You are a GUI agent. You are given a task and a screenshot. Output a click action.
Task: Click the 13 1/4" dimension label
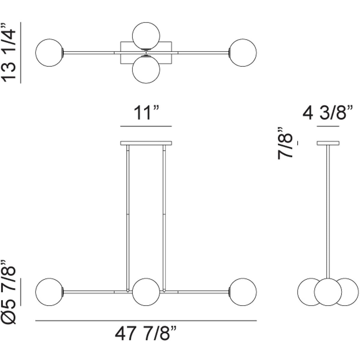8,52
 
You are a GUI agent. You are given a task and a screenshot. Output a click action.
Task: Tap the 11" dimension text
146,113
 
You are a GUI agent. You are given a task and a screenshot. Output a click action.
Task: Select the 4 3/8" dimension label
328,113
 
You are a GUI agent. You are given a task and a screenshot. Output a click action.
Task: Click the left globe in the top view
49,52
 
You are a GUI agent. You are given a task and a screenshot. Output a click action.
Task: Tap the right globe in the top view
243,52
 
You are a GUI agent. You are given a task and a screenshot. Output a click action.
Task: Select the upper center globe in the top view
146,36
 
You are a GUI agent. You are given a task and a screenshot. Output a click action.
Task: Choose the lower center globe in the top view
146,69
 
